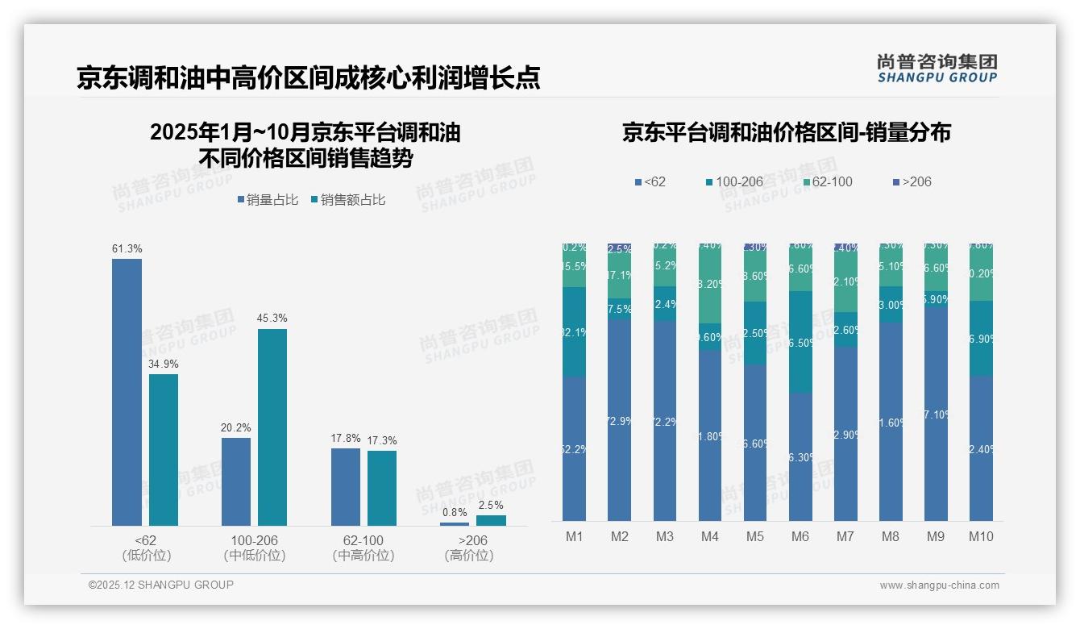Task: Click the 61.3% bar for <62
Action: [127, 392]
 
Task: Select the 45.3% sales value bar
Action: [272, 427]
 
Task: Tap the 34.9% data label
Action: [164, 364]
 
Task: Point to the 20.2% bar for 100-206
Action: [236, 481]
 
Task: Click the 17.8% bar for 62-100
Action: [346, 487]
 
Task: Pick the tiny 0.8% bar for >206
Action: [455, 524]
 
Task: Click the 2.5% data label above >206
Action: [492, 506]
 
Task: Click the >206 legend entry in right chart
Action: [912, 181]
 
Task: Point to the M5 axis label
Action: [755, 536]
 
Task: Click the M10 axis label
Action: [981, 536]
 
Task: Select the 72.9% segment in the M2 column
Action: [620, 419]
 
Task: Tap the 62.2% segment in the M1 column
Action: [575, 448]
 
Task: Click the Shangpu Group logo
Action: [937, 68]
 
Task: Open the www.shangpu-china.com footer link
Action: [939, 585]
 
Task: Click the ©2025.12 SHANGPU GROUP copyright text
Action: [161, 585]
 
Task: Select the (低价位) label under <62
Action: [146, 556]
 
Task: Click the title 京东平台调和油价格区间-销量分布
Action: [786, 132]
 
